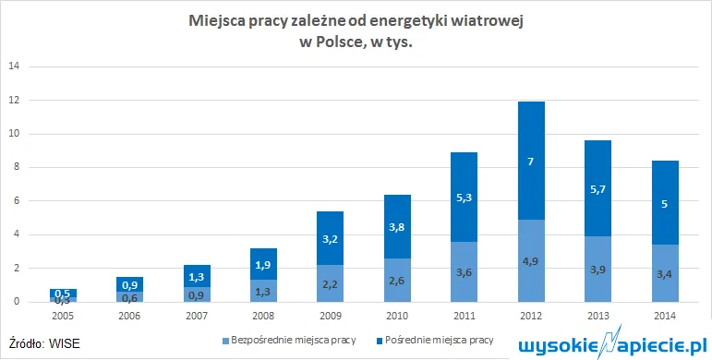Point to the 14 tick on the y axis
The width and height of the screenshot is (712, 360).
pos(14,66)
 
